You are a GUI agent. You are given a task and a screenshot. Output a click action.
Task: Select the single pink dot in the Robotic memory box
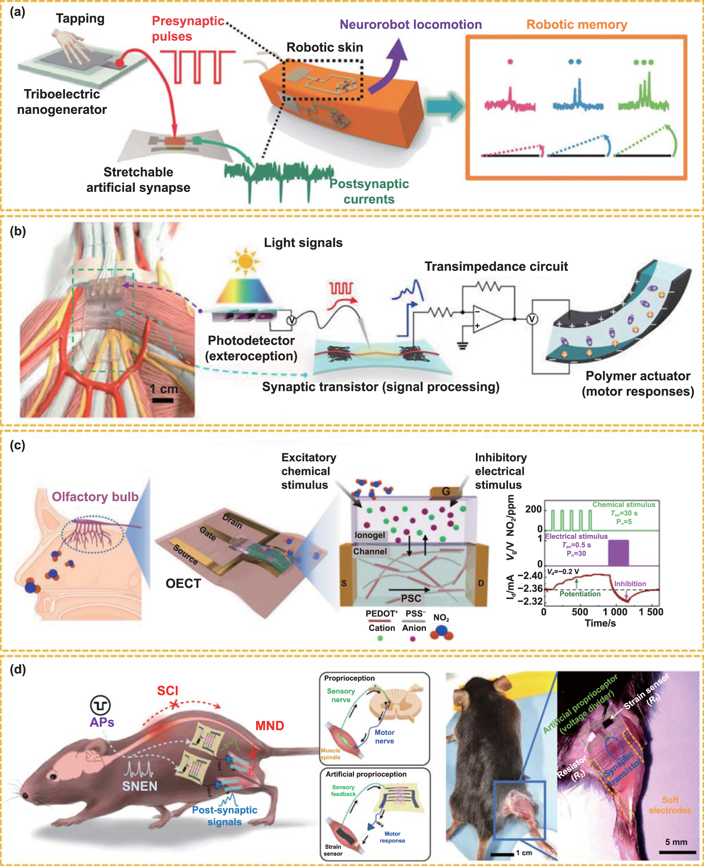[510, 62]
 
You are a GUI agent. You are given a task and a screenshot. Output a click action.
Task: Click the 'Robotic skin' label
[325, 48]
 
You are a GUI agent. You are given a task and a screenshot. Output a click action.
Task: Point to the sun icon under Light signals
[245, 261]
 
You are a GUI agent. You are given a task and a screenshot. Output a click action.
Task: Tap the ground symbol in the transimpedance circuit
[462, 345]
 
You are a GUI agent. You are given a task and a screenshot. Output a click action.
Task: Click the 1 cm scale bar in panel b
[162, 401]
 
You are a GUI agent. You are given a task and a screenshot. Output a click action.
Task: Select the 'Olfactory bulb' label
[95, 497]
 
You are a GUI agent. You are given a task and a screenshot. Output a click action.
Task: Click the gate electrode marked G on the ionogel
[445, 491]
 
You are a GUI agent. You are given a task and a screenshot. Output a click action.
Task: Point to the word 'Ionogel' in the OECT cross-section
[370, 535]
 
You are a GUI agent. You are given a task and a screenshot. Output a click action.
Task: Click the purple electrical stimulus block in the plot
[618, 552]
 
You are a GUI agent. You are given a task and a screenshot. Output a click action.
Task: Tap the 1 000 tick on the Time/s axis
[615, 612]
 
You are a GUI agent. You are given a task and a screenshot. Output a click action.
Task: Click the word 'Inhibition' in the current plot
[630, 583]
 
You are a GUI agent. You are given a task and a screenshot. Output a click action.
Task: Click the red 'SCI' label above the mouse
[167, 691]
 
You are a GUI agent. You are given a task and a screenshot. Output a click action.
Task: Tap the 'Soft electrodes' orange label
[669, 805]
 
